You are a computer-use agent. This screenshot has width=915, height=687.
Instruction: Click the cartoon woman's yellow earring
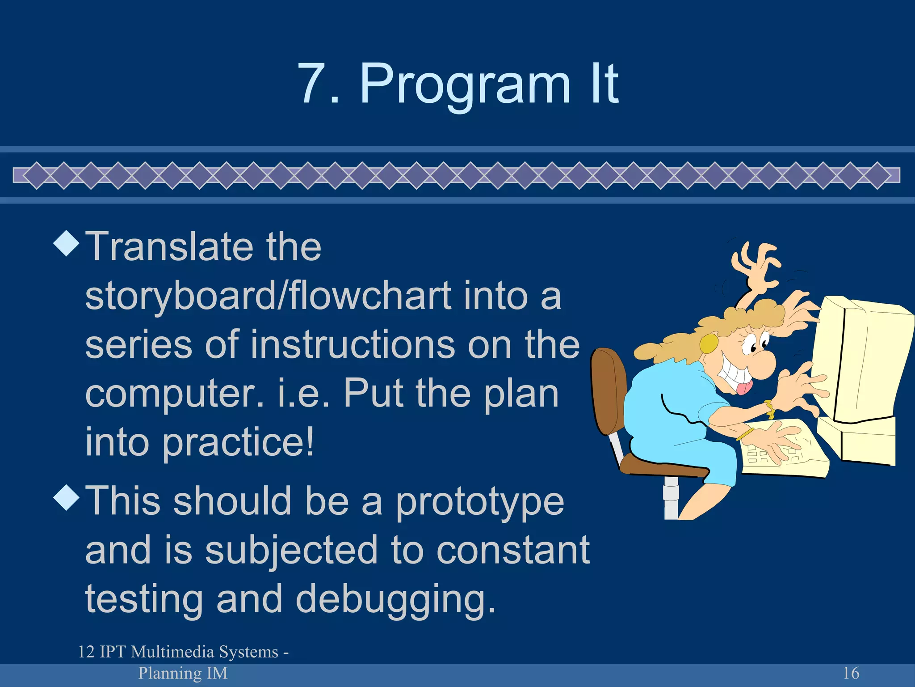pyautogui.click(x=709, y=343)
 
